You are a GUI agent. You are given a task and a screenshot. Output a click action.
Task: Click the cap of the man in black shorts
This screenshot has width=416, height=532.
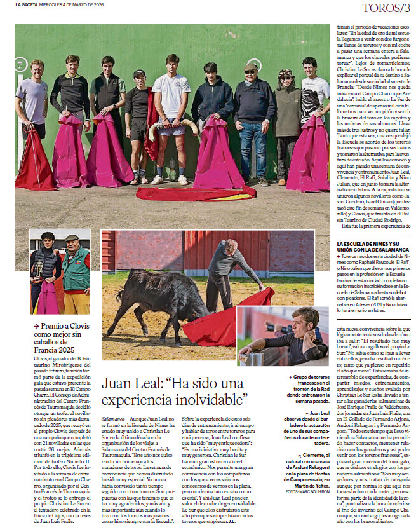click(x=140, y=74)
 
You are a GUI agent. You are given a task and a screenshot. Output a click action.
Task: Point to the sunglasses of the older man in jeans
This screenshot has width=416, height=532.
click(x=250, y=71)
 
